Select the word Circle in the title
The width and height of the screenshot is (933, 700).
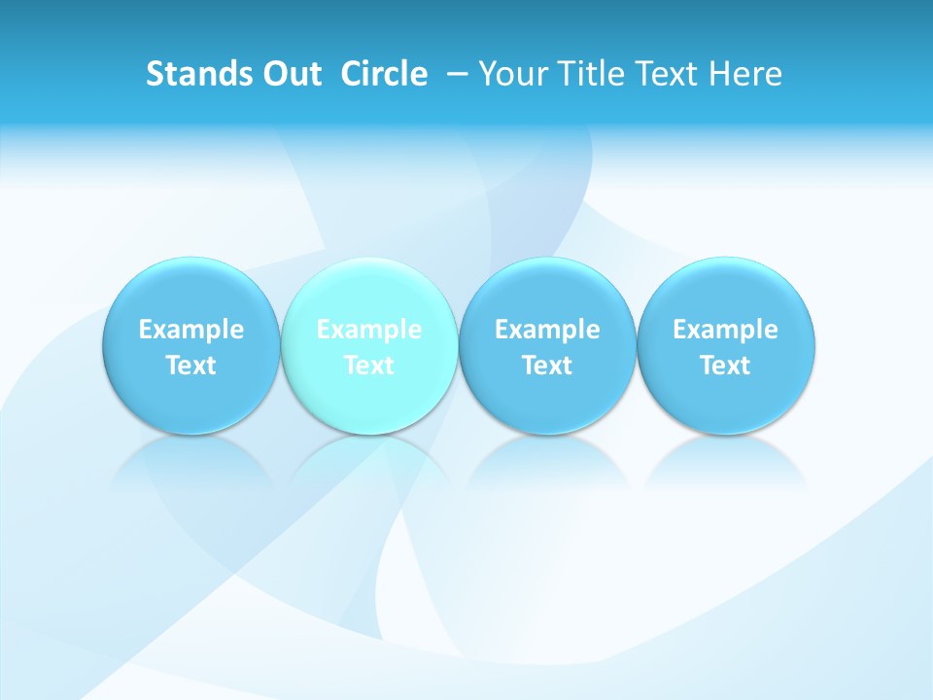tap(384, 74)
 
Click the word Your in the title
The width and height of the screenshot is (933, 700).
tap(511, 74)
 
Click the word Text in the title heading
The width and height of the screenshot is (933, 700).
tap(669, 74)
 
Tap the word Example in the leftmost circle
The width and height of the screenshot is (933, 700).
tap(191, 330)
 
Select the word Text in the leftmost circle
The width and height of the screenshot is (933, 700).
tap(191, 366)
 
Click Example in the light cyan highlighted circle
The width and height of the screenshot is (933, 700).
tap(369, 330)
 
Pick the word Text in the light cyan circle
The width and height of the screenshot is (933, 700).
tap(369, 366)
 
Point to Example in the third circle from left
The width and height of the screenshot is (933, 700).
tap(547, 330)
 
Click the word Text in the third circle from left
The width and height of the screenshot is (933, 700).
tap(547, 366)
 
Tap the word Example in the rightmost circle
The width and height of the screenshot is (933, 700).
tap(725, 330)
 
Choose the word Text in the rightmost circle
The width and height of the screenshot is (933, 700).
tap(725, 366)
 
